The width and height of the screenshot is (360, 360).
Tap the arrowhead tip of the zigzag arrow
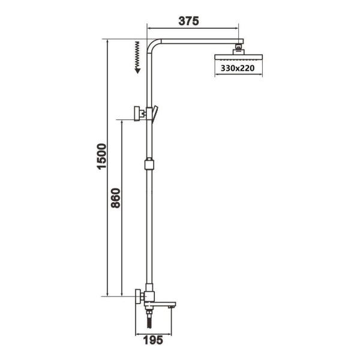(138, 71)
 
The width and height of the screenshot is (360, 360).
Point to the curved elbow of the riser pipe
(152, 45)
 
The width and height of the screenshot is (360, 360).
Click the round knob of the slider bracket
(137, 112)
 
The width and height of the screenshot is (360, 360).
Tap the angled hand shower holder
(155, 112)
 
